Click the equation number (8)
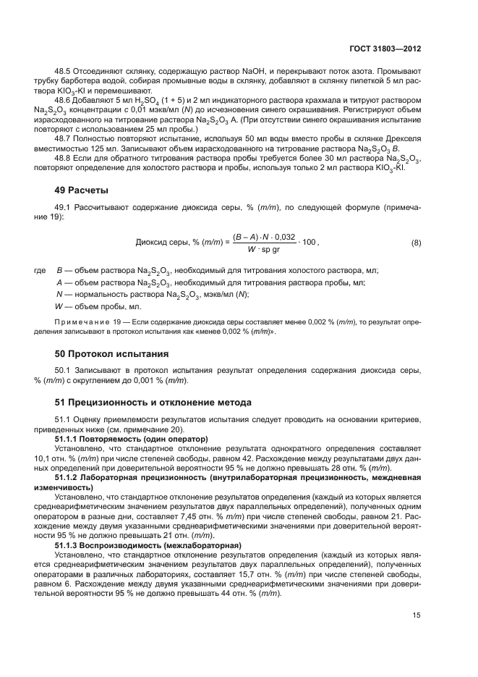[416, 243]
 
